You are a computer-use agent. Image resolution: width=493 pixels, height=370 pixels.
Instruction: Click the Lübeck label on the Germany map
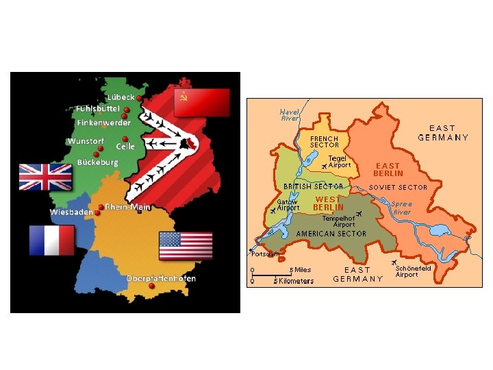119,97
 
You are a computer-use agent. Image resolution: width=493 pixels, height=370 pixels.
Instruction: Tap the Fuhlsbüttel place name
97,109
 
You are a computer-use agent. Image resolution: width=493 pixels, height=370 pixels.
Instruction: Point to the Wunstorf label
86,142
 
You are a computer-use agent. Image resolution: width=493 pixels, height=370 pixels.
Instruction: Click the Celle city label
126,146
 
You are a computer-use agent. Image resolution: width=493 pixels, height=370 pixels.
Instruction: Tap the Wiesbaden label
71,212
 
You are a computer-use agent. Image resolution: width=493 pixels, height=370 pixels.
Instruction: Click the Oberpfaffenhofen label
162,278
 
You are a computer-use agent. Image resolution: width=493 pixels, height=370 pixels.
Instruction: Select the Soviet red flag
201,102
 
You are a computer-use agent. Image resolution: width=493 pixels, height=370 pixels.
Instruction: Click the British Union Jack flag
45,176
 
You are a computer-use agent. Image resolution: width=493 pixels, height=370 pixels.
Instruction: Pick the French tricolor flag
51,240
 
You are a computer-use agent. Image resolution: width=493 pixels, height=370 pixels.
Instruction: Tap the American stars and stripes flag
186,246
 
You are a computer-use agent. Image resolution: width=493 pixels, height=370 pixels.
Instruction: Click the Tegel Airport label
339,162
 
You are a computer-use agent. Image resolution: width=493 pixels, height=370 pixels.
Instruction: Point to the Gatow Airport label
288,205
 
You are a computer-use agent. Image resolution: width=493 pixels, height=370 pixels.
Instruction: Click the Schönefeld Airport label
413,272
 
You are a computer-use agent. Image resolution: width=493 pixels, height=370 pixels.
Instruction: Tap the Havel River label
290,115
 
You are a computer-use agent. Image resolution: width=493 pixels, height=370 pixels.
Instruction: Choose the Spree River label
402,208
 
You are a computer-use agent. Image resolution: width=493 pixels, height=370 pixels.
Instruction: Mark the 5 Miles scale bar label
300,270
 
